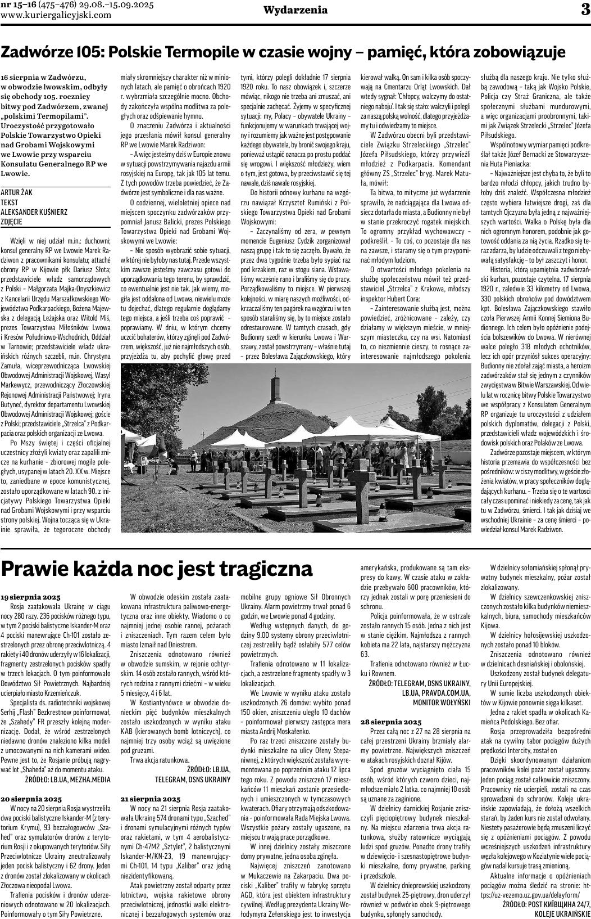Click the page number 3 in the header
[x=583, y=10]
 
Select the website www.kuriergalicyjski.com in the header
[x=56, y=15]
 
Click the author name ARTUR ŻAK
[x=16, y=192]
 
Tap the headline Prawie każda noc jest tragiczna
[x=157, y=567]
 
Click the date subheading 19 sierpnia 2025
[x=30, y=596]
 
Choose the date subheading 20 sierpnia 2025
[x=31, y=799]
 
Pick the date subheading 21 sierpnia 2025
[x=151, y=799]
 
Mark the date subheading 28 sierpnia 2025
[x=390, y=721]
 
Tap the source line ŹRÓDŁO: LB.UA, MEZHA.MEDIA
[x=68, y=779]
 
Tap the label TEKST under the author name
[x=10, y=202]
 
